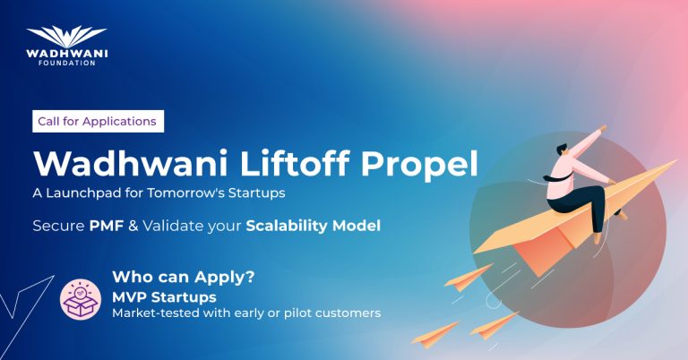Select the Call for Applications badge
[97, 121]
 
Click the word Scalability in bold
[289, 226]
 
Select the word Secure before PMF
[58, 226]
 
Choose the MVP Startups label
[159, 296]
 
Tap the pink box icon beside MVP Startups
[80, 298]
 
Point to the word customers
[350, 313]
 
